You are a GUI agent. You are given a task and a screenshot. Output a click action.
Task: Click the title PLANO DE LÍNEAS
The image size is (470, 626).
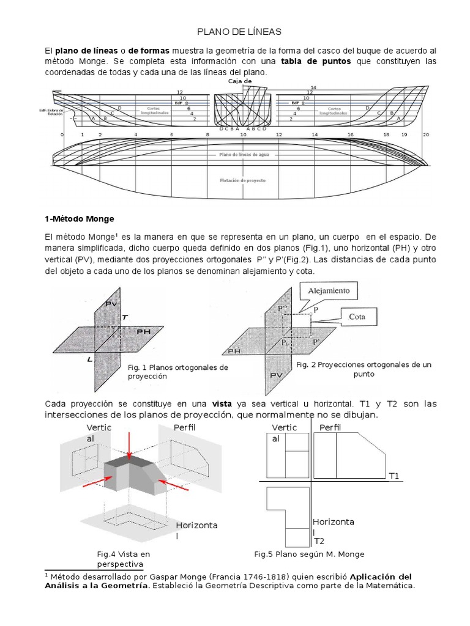(234, 31)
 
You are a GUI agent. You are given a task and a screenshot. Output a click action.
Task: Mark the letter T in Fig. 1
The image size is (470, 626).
(125, 318)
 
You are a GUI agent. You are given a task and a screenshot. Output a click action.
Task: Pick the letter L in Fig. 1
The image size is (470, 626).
(89, 359)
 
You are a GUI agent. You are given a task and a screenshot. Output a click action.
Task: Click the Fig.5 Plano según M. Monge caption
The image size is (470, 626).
(309, 554)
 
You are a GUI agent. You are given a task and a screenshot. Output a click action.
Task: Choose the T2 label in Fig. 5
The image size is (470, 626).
(319, 541)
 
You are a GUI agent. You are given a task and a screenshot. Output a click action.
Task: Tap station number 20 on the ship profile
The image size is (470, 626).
(426, 134)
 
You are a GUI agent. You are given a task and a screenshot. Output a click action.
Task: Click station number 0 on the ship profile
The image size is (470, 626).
(62, 134)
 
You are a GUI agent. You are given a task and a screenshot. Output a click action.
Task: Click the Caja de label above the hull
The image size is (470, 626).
(240, 81)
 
